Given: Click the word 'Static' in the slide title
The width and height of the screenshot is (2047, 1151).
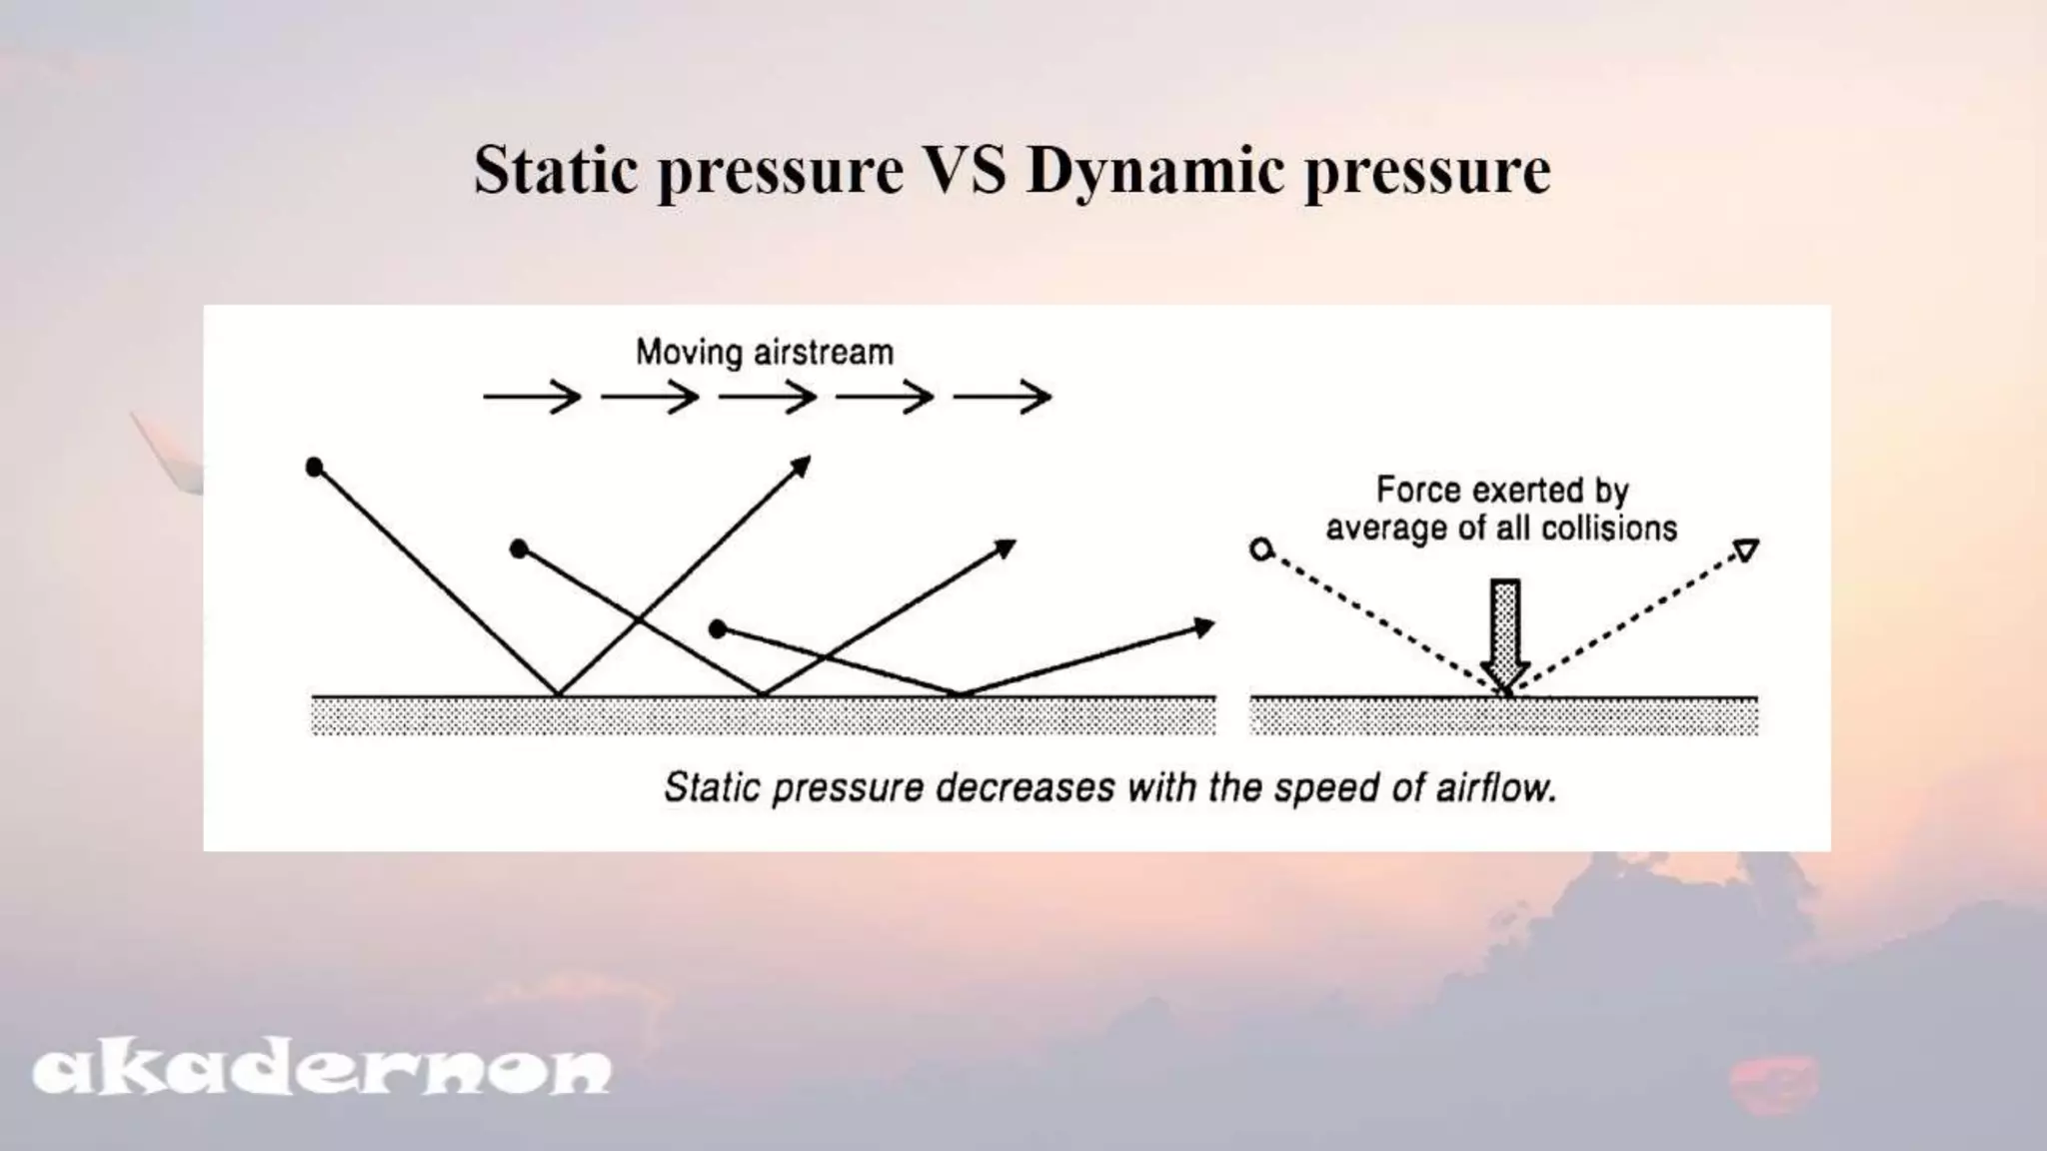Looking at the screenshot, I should tap(556, 170).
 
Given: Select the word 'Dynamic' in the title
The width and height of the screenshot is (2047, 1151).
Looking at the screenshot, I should tap(1154, 172).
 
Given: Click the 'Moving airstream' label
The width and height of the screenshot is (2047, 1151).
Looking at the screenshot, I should tap(765, 353).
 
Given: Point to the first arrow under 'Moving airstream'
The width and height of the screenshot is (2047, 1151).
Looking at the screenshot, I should tap(532, 398).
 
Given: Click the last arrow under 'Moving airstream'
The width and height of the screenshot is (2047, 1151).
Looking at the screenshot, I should tap(1003, 398).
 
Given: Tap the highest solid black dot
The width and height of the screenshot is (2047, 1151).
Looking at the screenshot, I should tap(314, 467).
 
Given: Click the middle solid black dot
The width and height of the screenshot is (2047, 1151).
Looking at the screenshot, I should tap(519, 549).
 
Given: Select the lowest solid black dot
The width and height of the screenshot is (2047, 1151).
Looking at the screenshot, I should tap(718, 628).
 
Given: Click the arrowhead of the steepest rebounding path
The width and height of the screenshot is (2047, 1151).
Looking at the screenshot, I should tap(802, 466).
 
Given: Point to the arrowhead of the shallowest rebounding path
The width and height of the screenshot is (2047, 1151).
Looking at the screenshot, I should tap(1205, 627).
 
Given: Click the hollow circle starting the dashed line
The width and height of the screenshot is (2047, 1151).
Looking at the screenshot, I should tap(1261, 549).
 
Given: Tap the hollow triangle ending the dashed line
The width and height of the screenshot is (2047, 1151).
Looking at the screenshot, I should tap(1745, 550).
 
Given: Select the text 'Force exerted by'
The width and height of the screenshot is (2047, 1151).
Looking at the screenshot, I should tap(1502, 490).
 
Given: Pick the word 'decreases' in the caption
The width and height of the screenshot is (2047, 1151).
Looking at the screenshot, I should tap(1024, 788).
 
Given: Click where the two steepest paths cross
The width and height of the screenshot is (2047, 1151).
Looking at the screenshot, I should tap(639, 620).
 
